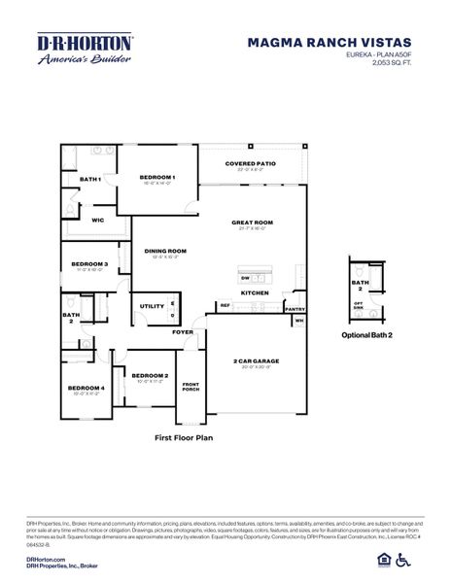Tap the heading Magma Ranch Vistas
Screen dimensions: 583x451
[x=329, y=43]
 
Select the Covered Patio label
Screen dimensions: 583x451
[x=250, y=164]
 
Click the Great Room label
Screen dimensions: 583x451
[x=252, y=223]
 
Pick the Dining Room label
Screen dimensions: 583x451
[x=165, y=251]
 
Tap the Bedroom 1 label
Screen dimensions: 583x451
[x=156, y=177]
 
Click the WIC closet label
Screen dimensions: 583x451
[x=97, y=221]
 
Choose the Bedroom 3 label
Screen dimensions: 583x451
[x=89, y=264]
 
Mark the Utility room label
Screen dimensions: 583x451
[x=152, y=306]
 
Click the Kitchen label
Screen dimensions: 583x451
[x=255, y=292]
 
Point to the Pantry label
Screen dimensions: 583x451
[x=295, y=309]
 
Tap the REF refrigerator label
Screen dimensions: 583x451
[x=225, y=305]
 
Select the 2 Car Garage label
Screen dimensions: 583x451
[x=256, y=361]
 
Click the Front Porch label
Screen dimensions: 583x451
[x=191, y=386]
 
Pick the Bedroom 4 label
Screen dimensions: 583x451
[x=86, y=389]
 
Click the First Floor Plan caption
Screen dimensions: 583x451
[x=184, y=437]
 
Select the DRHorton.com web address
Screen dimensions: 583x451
[x=46, y=560]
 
